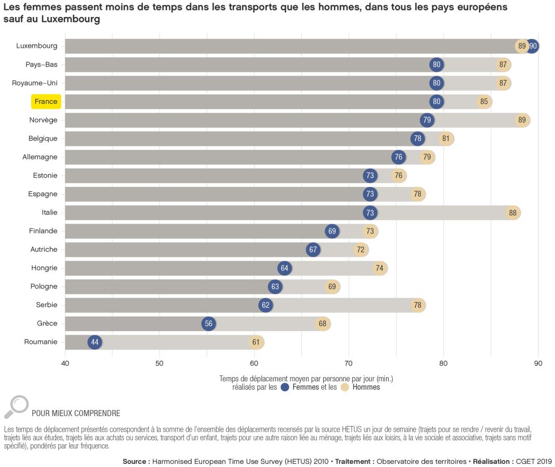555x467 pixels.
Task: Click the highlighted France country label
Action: tap(46, 102)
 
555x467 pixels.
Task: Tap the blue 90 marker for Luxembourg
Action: tap(533, 46)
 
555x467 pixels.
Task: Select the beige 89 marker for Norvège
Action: tap(522, 120)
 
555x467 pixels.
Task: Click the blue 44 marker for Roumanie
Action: tap(95, 342)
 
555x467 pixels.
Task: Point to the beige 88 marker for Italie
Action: tap(513, 213)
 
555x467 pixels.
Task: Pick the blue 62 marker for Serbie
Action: tap(266, 305)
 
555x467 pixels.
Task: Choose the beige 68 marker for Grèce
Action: tap(323, 324)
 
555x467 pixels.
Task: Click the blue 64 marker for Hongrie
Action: tap(284, 268)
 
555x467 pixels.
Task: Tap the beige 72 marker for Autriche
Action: tap(361, 250)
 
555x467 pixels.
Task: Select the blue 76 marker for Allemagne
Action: tap(399, 157)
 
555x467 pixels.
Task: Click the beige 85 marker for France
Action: tap(484, 102)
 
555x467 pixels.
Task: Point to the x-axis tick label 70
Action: tap(349, 363)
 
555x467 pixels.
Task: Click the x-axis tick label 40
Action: tap(65, 363)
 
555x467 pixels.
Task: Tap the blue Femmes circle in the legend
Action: tap(284, 387)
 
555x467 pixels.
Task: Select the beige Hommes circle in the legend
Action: tap(345, 387)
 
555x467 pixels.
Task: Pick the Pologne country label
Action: tap(44, 286)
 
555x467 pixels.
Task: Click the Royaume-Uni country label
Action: tap(35, 83)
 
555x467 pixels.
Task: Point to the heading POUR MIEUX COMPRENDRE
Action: tap(76, 414)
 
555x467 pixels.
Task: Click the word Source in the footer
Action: tap(136, 461)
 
